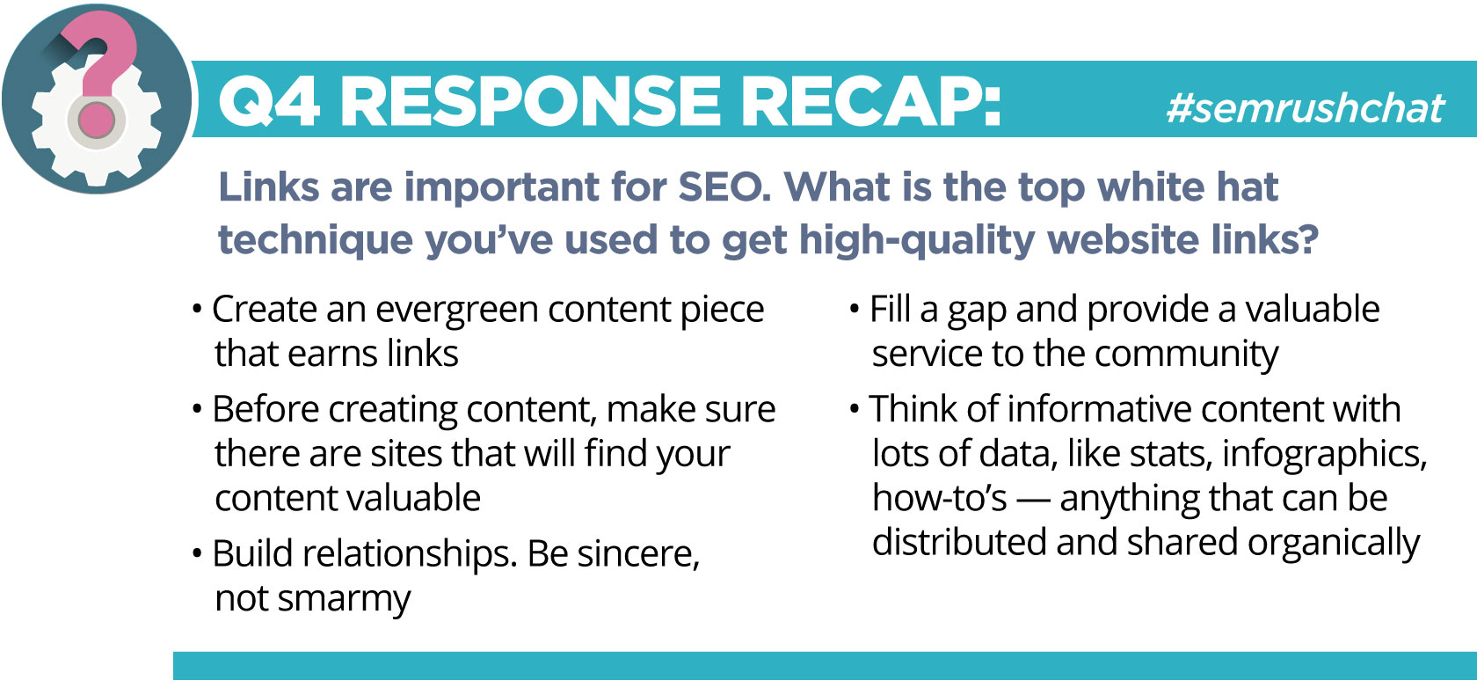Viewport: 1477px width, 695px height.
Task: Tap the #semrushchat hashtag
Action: pos(1305,107)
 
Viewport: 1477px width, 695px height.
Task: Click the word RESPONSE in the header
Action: pos(530,101)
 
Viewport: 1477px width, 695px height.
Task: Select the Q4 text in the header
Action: pos(268,101)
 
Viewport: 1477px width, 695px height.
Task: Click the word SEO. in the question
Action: pos(724,187)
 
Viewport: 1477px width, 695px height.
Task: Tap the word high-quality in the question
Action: pos(923,239)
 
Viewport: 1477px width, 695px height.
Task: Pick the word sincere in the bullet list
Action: pos(637,553)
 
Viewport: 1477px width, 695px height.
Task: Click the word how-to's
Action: pos(940,498)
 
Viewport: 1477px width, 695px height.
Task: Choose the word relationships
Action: pos(408,554)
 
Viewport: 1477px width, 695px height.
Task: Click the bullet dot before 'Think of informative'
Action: pos(855,409)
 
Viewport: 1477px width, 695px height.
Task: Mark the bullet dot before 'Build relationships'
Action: pos(197,553)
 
